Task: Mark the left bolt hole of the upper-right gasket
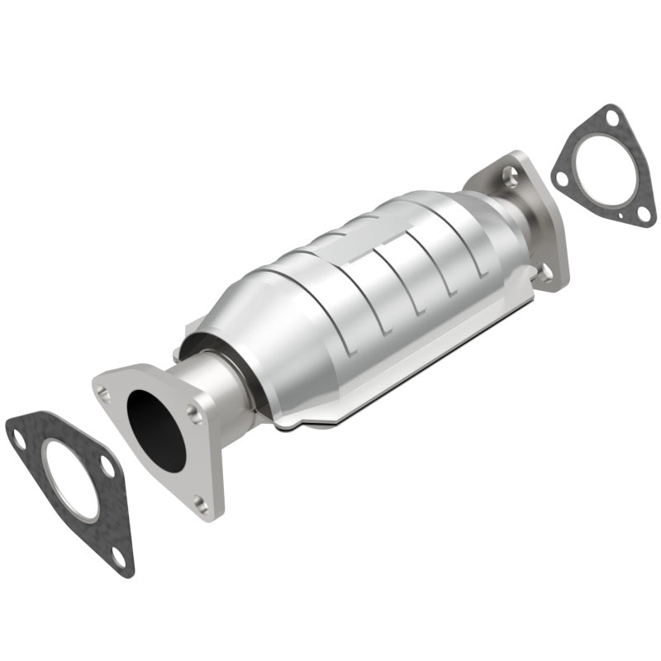[562, 178]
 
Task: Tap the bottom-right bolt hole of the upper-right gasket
[642, 213]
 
